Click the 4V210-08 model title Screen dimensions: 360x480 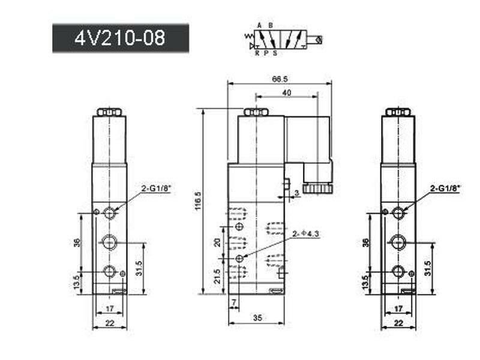coord(120,38)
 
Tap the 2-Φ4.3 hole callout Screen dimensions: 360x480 coord(306,233)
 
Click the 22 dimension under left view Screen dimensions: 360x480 coord(109,323)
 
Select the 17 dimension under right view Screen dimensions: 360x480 coord(398,308)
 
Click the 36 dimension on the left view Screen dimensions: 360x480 coord(76,242)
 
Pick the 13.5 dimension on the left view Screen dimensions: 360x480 coord(76,282)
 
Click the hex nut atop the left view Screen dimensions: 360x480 coord(109,112)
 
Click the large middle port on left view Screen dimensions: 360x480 coord(109,242)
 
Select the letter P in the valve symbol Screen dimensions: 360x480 coord(266,53)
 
